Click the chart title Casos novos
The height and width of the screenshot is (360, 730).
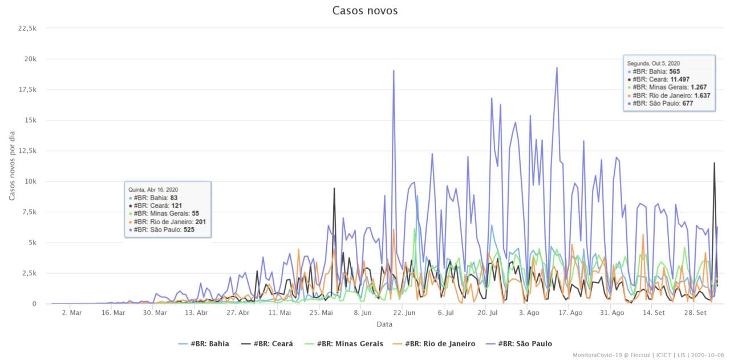(x=365, y=11)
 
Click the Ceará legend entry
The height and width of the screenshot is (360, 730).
(x=267, y=343)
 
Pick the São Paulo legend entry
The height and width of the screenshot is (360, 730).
(x=518, y=343)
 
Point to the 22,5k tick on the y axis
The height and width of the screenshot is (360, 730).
(x=28, y=28)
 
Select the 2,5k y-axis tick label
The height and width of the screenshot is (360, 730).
(x=29, y=273)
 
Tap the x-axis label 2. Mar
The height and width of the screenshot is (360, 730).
(x=72, y=313)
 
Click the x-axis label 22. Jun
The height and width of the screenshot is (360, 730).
(x=403, y=313)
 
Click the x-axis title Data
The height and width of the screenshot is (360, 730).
(x=384, y=324)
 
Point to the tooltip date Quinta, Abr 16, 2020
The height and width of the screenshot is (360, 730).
(x=153, y=189)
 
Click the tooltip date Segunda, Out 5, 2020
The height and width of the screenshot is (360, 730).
(x=653, y=63)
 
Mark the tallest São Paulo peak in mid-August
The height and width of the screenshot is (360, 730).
(x=557, y=68)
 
